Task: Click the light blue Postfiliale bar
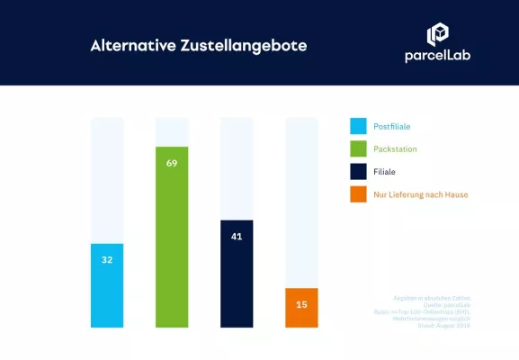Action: (107, 285)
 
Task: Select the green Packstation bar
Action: (172, 237)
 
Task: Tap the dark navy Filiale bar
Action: (237, 274)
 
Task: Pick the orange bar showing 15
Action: (301, 308)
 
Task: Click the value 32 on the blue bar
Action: (107, 260)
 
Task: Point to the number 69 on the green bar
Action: (172, 163)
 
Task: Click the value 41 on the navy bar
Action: (237, 237)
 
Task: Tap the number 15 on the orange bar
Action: (301, 304)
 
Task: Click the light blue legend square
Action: (357, 127)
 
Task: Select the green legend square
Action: (357, 149)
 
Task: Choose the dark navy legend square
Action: (357, 172)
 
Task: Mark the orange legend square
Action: (357, 194)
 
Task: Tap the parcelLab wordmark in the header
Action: (437, 57)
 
